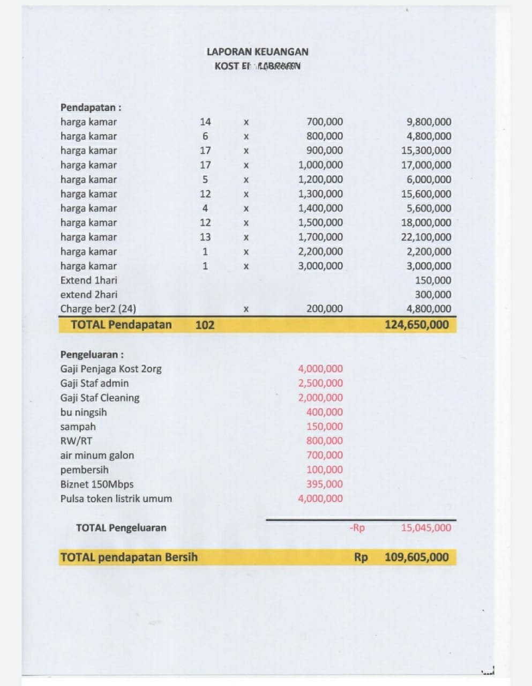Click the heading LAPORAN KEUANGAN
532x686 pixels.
[x=257, y=52]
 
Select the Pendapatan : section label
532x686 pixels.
[x=91, y=107]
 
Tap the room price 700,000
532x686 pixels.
[x=325, y=122]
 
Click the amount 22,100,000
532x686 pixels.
[x=426, y=237]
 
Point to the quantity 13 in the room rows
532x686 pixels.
[x=205, y=237]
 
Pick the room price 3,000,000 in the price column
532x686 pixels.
[x=320, y=266]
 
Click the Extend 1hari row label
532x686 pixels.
[x=88, y=280]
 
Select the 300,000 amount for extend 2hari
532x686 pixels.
[x=433, y=294]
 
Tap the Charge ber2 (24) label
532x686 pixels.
[x=98, y=309]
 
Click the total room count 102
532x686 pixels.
[x=205, y=325]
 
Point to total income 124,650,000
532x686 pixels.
[x=417, y=325]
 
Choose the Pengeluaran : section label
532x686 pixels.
[x=92, y=354]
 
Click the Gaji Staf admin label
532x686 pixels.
[x=94, y=383]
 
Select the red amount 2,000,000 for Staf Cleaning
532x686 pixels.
[x=320, y=398]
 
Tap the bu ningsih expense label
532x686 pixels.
[x=84, y=412]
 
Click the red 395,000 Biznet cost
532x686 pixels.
[x=325, y=484]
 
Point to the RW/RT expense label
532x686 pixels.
[x=76, y=441]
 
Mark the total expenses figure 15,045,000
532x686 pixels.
[x=426, y=528]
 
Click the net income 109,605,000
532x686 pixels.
[x=417, y=557]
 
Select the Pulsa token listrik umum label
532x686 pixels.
[x=116, y=498]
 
